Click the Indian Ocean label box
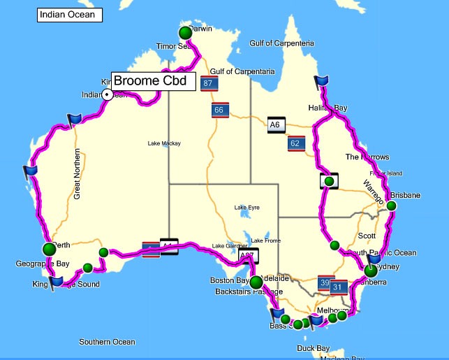[69, 15]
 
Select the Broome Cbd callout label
[153, 81]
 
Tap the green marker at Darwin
[185, 33]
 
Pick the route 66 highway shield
[219, 110]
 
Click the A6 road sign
[275, 125]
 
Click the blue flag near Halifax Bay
[321, 83]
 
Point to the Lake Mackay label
[164, 143]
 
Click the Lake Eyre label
[247, 208]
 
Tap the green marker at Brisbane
[391, 206]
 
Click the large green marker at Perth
[49, 249]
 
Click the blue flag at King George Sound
[57, 281]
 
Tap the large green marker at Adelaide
[256, 282]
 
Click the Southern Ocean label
[107, 342]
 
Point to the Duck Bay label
[313, 347]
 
